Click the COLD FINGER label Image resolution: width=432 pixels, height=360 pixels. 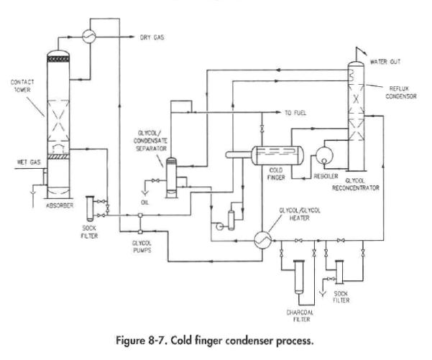(x=280, y=175)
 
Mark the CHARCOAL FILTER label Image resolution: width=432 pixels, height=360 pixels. (x=302, y=314)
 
